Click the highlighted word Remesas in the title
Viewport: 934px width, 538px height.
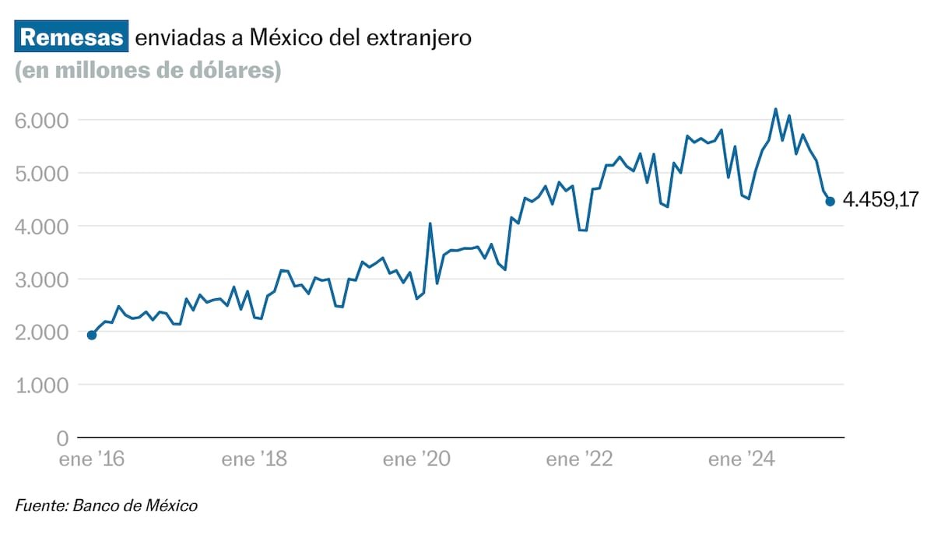[72, 38]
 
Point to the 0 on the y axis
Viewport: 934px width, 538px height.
[63, 438]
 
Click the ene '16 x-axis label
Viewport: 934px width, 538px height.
[92, 459]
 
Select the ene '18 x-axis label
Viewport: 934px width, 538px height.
[254, 459]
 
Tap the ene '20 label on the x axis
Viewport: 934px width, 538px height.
[416, 459]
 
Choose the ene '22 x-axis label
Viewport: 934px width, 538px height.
[579, 459]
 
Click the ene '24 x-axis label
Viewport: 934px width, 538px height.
[741, 459]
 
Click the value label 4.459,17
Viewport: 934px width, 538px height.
[880, 202]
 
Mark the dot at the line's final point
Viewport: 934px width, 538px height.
[830, 202]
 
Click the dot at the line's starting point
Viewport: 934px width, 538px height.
[92, 335]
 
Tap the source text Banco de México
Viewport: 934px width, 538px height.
[135, 506]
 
